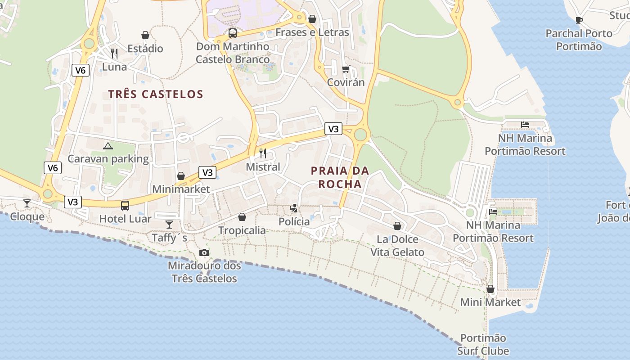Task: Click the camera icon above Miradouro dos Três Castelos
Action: pyautogui.click(x=204, y=252)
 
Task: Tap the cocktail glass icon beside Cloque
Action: pyautogui.click(x=27, y=203)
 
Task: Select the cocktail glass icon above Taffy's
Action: pyautogui.click(x=169, y=224)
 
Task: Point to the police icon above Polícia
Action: pyautogui.click(x=294, y=208)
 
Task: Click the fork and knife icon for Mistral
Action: pyautogui.click(x=263, y=153)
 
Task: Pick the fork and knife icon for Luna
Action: pyautogui.click(x=114, y=54)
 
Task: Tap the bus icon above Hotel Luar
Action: pyautogui.click(x=125, y=206)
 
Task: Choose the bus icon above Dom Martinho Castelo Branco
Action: pyautogui.click(x=232, y=33)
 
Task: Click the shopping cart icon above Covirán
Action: pyautogui.click(x=346, y=69)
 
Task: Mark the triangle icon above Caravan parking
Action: pyautogui.click(x=108, y=146)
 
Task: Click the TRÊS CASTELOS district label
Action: pyautogui.click(x=156, y=94)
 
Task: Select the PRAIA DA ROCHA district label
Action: pyautogui.click(x=340, y=177)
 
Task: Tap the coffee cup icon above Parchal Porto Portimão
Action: pyautogui.click(x=579, y=20)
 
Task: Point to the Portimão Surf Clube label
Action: pyautogui.click(x=483, y=344)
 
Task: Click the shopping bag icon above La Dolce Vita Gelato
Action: pyautogui.click(x=397, y=226)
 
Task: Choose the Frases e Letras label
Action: pyautogui.click(x=312, y=32)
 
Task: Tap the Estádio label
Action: pyautogui.click(x=145, y=49)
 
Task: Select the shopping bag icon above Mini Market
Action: pyautogui.click(x=490, y=289)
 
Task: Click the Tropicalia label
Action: pyautogui.click(x=242, y=230)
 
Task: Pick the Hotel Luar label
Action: pyautogui.click(x=125, y=219)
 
